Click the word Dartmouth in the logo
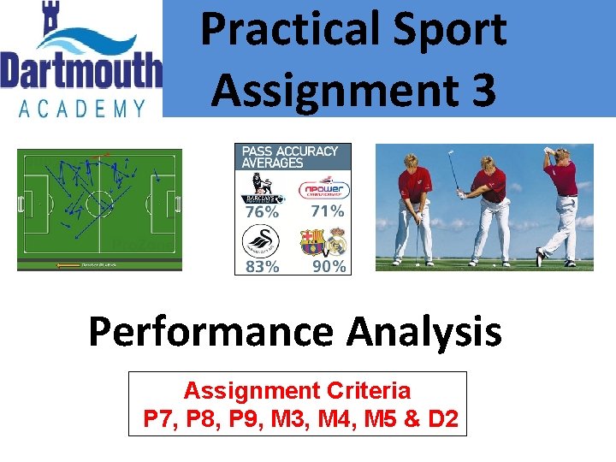(81, 69)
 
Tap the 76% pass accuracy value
(261, 211)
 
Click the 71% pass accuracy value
(326, 210)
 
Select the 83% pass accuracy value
(261, 266)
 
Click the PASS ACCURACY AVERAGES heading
(290, 157)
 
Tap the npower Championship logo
(323, 189)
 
